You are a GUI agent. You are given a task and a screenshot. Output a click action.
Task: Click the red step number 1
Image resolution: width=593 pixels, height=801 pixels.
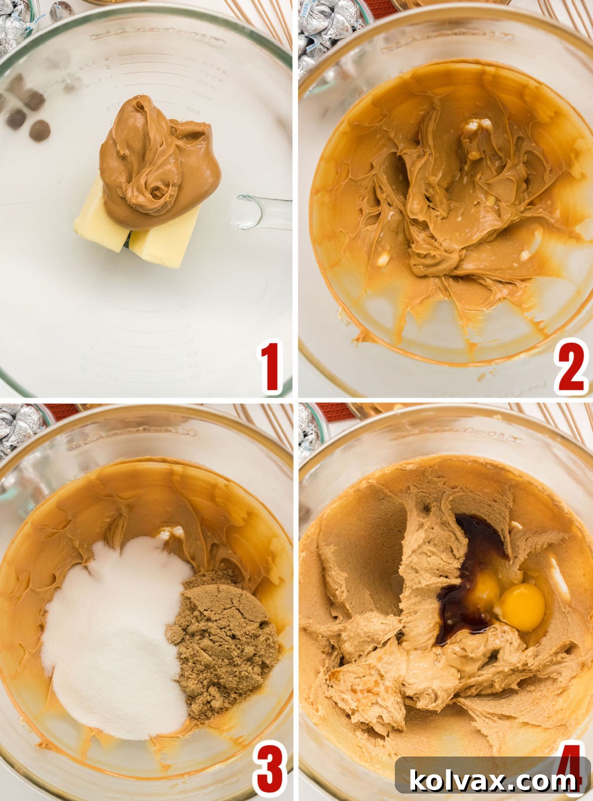(x=270, y=367)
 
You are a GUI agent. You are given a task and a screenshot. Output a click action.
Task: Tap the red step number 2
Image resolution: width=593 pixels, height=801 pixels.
(x=571, y=367)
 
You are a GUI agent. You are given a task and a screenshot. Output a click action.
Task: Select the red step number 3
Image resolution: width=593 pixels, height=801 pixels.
(x=270, y=769)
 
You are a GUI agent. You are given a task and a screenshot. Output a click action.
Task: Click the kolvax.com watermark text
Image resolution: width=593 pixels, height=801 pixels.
(x=492, y=781)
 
